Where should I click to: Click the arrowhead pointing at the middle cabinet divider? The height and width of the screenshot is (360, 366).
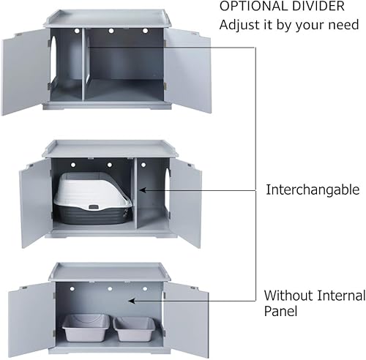pyautogui.click(x=142, y=190)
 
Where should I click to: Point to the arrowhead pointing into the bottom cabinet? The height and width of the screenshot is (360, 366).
pyautogui.click(x=132, y=300)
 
